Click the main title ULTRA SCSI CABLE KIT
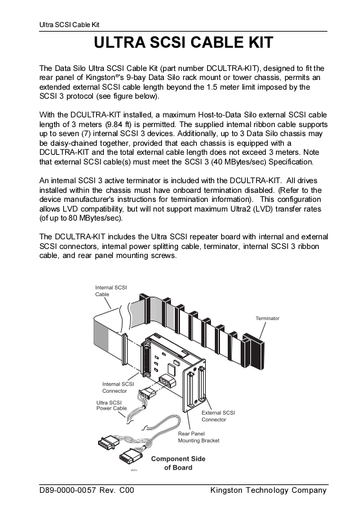184,43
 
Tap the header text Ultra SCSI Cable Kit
69,25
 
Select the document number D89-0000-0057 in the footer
68,490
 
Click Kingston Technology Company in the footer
268,490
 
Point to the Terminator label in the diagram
268,318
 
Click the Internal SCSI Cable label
111,291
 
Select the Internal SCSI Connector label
118,388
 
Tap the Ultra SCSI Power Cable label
112,406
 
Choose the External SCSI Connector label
218,416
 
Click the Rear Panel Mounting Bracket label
199,437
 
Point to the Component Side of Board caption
178,463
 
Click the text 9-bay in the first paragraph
135,77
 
